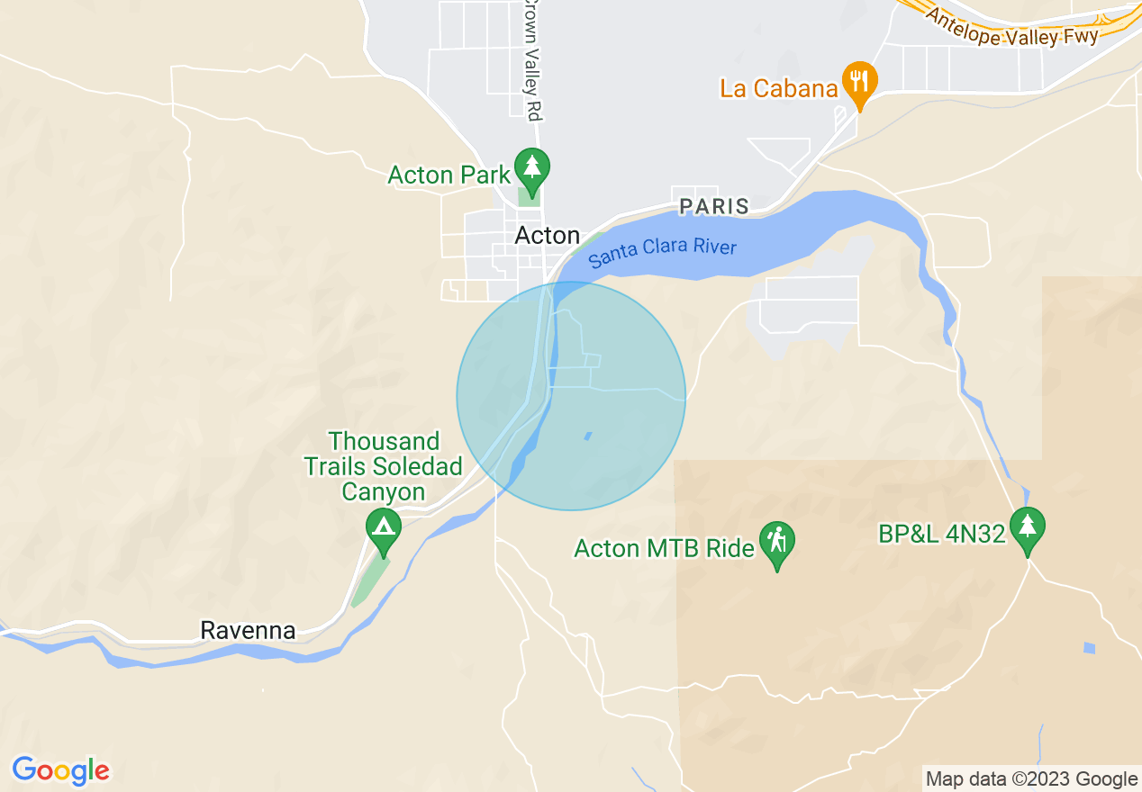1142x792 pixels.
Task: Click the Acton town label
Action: coord(547,236)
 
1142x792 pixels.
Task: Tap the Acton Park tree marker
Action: coord(531,168)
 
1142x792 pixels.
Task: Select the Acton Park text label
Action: coord(449,175)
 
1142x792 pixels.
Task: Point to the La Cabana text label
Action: coord(779,88)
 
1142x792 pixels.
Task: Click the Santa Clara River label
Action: coord(662,254)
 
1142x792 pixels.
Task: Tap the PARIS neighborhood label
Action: coord(714,206)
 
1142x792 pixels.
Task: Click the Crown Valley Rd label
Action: coord(533,58)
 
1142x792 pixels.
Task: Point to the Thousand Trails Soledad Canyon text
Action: coord(383,466)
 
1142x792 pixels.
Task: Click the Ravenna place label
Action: coord(248,630)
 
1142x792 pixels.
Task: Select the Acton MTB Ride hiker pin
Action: coord(776,543)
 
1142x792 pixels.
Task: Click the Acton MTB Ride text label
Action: coord(664,548)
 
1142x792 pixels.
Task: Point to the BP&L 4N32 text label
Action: coord(941,534)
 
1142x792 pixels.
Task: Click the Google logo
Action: coord(61,770)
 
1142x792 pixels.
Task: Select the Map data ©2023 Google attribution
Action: coord(1032,779)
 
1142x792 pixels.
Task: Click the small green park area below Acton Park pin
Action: coord(530,197)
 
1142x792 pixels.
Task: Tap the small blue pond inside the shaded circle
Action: coord(588,436)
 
